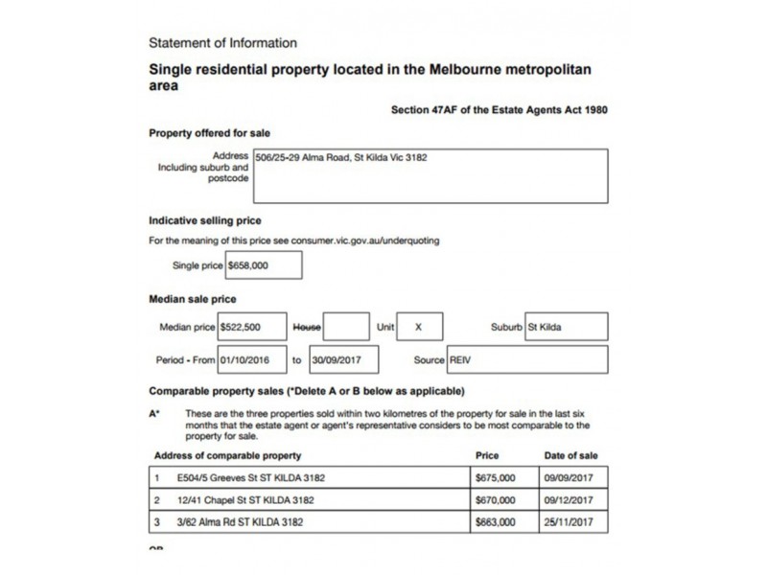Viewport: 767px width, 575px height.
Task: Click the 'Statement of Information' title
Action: coord(223,43)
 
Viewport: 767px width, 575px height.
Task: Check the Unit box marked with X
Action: coord(419,327)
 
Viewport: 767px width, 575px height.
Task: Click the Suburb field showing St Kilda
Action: coord(565,327)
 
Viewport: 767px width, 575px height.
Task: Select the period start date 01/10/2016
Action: coord(251,359)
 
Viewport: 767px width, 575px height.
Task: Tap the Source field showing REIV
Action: coord(527,359)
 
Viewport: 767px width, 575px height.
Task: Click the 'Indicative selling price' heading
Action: coord(205,221)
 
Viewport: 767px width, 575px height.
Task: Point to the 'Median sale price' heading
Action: coord(193,300)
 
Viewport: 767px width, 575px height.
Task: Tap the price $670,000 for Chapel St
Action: coord(495,499)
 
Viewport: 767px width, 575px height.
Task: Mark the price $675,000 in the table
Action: coord(495,475)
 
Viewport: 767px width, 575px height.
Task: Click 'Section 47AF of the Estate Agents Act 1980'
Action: coord(499,110)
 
